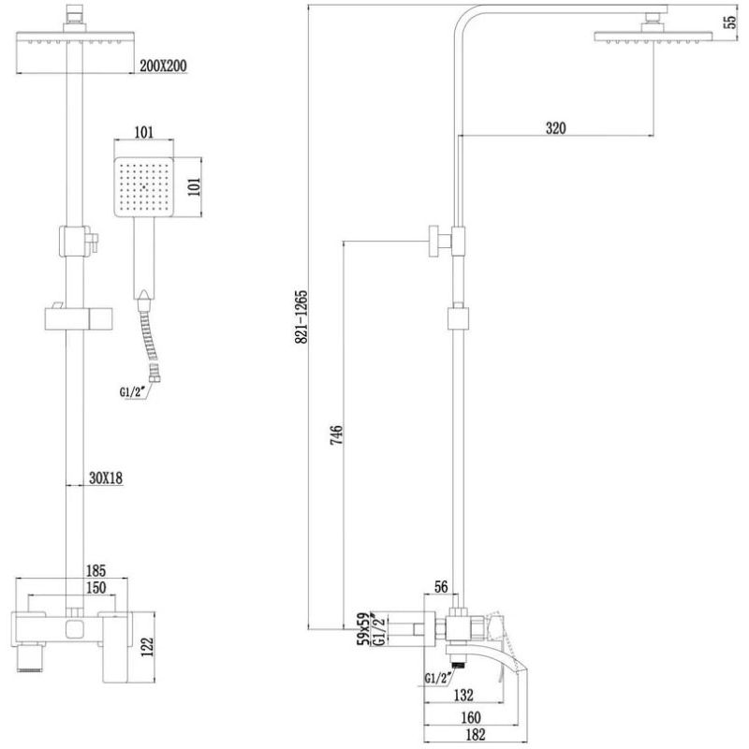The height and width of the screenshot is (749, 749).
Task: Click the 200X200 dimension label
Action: (x=163, y=66)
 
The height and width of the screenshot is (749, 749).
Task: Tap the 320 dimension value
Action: (x=555, y=128)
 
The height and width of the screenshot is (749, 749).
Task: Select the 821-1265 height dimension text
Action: (x=301, y=316)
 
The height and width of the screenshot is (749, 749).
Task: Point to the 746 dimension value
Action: (x=336, y=434)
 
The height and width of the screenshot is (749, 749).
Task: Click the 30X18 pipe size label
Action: (x=106, y=477)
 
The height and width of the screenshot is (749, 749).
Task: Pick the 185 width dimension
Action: (x=95, y=570)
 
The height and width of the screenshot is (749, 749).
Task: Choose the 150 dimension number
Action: (x=95, y=588)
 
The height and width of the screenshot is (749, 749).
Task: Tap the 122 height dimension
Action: (x=147, y=647)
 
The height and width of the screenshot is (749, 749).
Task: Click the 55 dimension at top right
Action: (x=730, y=22)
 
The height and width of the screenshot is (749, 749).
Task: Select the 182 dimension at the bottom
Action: (x=475, y=734)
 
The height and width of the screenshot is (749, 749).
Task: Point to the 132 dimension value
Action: (x=463, y=695)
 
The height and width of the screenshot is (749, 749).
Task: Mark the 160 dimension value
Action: (x=471, y=717)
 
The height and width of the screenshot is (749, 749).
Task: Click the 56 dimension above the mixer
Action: (x=441, y=587)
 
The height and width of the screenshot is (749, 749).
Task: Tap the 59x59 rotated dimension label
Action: (x=363, y=628)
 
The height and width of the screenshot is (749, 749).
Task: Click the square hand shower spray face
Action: (x=144, y=186)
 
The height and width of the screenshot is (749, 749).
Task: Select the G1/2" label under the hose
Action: (x=132, y=392)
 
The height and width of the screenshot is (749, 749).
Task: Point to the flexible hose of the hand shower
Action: (x=149, y=339)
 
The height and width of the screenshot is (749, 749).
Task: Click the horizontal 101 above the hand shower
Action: (x=144, y=132)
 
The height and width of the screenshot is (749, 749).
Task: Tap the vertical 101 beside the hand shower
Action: (x=194, y=186)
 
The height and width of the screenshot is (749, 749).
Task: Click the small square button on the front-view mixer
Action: (x=74, y=628)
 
